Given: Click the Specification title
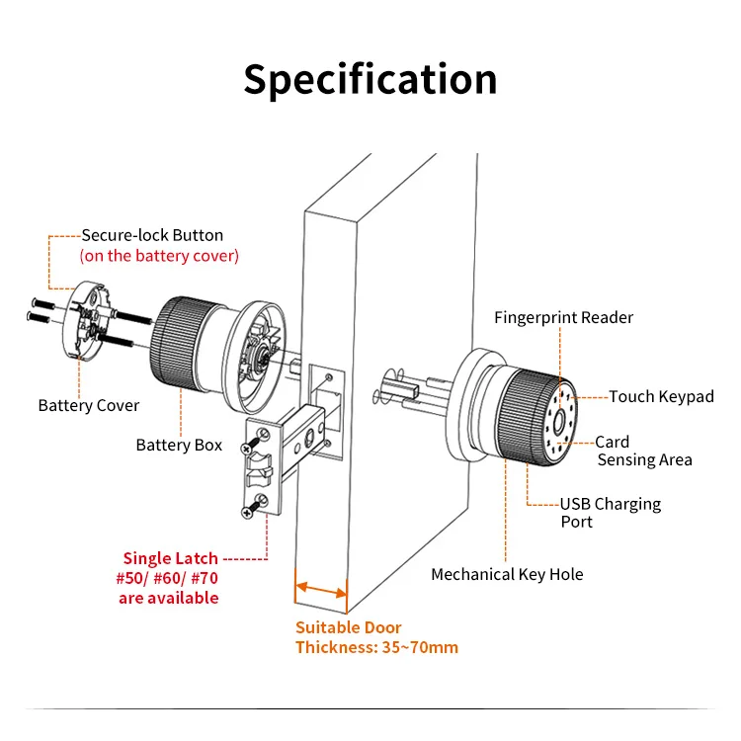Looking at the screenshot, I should (x=370, y=79).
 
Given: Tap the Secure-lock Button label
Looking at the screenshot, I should (x=152, y=235).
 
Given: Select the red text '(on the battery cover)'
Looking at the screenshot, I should (x=159, y=256).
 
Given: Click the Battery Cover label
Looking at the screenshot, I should (x=89, y=405).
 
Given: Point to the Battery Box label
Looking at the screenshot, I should (x=179, y=445).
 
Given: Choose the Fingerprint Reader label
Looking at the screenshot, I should (x=563, y=317).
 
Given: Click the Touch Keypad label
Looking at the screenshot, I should (x=660, y=396).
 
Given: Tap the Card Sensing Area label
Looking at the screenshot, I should (x=642, y=451).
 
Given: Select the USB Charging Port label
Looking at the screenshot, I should (x=610, y=512).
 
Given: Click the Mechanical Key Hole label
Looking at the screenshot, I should (x=507, y=574).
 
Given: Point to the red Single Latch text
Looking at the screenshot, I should (x=171, y=558).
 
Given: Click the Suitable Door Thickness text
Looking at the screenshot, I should (x=376, y=637).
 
